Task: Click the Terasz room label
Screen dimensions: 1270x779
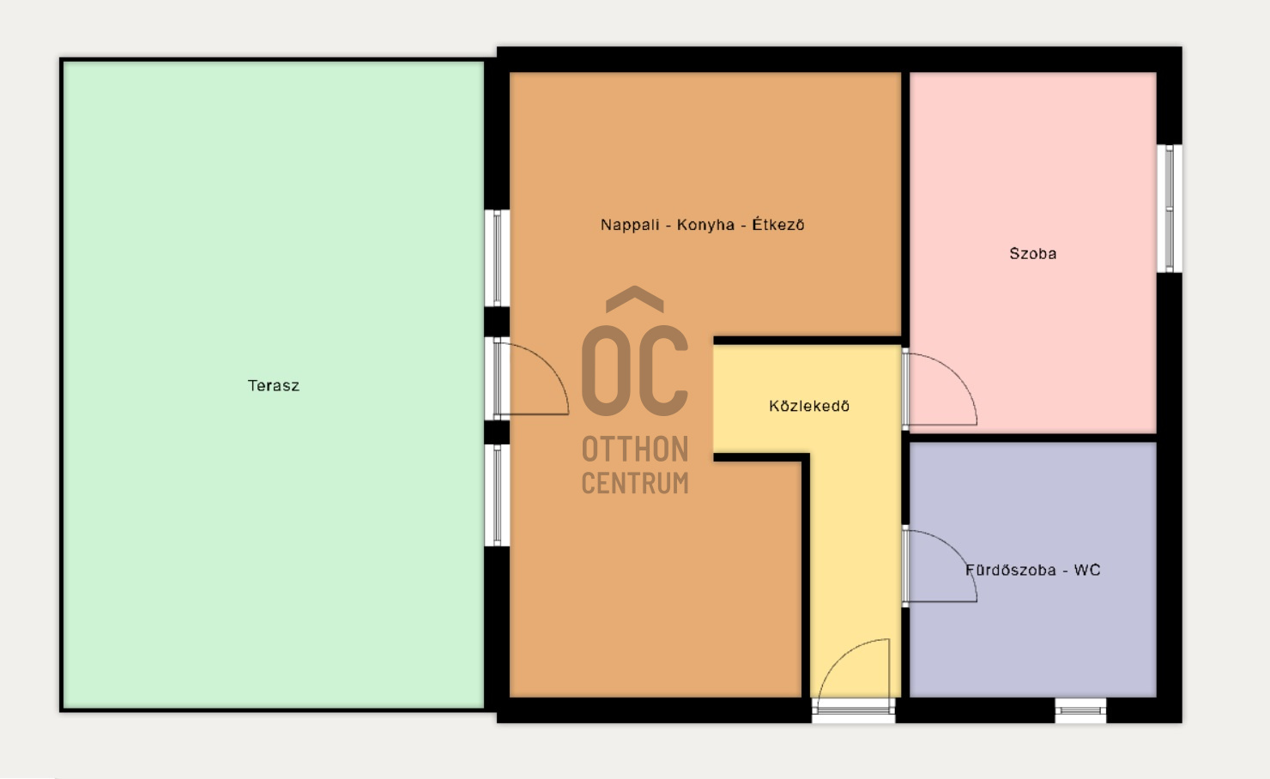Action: pyautogui.click(x=273, y=386)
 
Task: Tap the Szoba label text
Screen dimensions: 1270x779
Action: pyautogui.click(x=1033, y=253)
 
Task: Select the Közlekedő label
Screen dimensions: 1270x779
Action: pyautogui.click(x=809, y=406)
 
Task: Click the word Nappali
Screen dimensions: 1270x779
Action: pyautogui.click(x=630, y=225)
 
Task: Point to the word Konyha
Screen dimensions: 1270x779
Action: pyautogui.click(x=706, y=225)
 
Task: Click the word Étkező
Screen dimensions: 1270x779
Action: pyautogui.click(x=778, y=225)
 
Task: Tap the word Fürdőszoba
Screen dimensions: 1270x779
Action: pyautogui.click(x=1010, y=570)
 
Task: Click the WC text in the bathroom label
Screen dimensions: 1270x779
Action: pyautogui.click(x=1087, y=570)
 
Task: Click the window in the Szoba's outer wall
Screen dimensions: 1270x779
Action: pyautogui.click(x=1169, y=208)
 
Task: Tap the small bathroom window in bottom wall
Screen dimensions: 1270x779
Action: pyautogui.click(x=1080, y=710)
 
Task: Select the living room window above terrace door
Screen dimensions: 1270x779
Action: pyautogui.click(x=497, y=258)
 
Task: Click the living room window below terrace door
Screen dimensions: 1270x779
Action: pyautogui.click(x=497, y=495)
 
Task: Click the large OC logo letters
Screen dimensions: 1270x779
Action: pyautogui.click(x=635, y=371)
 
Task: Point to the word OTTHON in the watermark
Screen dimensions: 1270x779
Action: pyautogui.click(x=635, y=449)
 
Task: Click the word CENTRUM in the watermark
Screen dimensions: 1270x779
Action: pyautogui.click(x=635, y=483)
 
